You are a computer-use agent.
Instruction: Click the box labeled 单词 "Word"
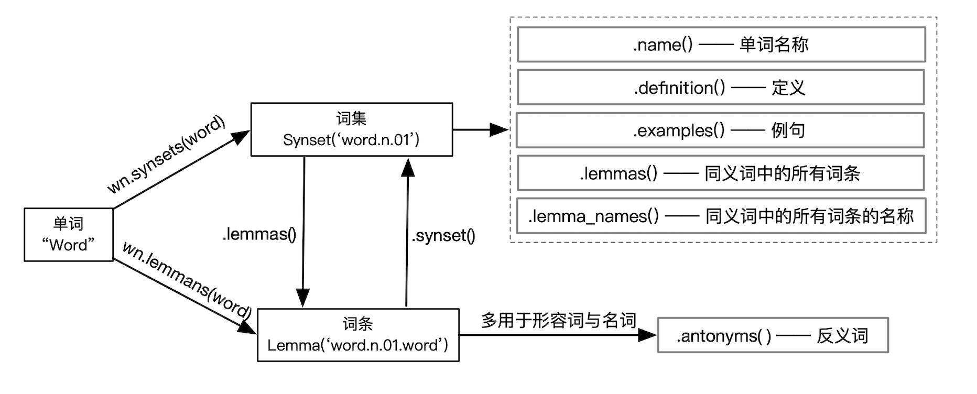click(x=69, y=235)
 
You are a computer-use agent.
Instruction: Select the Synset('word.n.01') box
click(x=351, y=130)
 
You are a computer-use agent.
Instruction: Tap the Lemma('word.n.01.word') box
click(x=358, y=335)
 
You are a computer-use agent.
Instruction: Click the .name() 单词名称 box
click(x=721, y=45)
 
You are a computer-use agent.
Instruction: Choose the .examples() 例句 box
click(x=720, y=130)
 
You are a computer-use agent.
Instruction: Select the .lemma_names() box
click(x=721, y=216)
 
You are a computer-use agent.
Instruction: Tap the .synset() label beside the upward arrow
click(x=443, y=236)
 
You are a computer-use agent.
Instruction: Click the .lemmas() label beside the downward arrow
click(x=259, y=234)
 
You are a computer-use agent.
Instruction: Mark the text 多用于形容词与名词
click(x=558, y=320)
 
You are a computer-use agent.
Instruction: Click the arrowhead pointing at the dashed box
click(x=499, y=129)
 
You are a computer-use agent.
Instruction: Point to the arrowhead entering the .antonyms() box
click(x=647, y=335)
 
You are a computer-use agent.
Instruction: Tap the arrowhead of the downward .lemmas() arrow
click(x=303, y=298)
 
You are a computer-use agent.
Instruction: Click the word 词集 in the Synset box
click(x=351, y=118)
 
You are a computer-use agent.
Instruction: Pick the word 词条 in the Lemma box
click(x=358, y=324)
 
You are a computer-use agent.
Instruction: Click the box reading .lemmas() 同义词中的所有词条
click(x=720, y=173)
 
